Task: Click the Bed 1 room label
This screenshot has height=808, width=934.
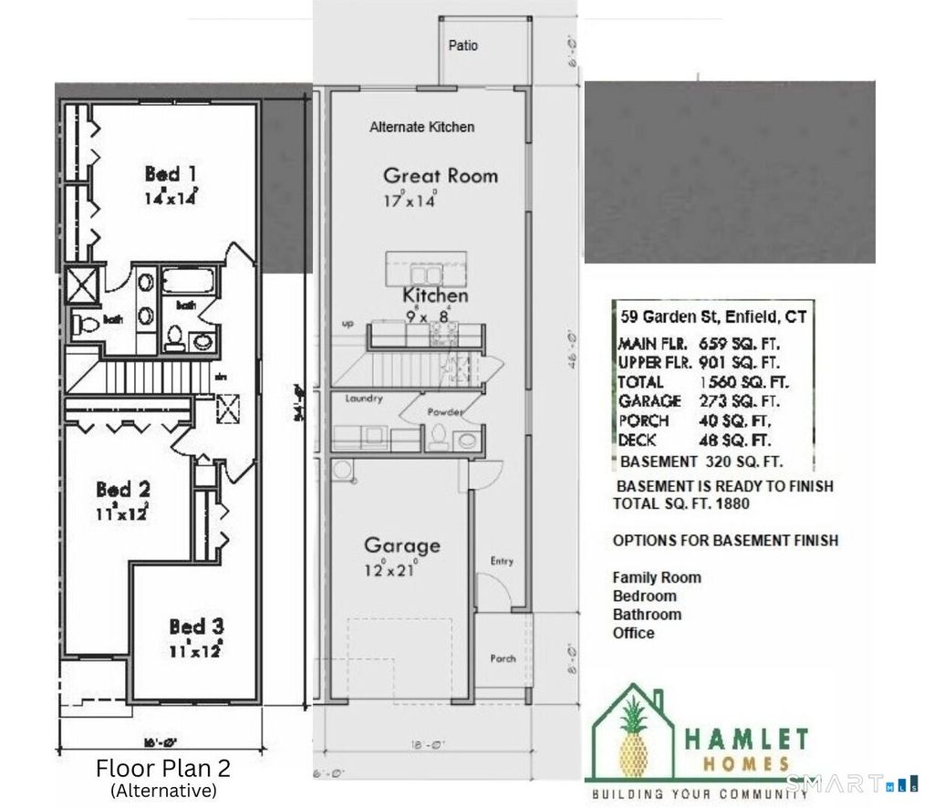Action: [171, 173]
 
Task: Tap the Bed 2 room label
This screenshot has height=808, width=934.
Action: [123, 490]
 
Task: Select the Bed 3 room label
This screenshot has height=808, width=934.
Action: [196, 627]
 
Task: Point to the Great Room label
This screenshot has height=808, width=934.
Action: [441, 175]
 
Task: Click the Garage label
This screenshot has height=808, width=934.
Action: [401, 545]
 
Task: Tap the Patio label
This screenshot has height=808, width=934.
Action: [462, 46]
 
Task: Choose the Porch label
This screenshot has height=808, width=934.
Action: [503, 658]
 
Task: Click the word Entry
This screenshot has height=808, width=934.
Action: [502, 561]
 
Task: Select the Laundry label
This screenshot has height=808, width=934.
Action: [364, 399]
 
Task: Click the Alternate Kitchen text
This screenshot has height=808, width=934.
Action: [421, 127]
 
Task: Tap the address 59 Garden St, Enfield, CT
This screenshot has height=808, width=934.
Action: [712, 318]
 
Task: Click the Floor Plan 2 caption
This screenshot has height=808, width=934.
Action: [163, 766]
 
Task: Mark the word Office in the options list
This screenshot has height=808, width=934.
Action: [633, 633]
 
